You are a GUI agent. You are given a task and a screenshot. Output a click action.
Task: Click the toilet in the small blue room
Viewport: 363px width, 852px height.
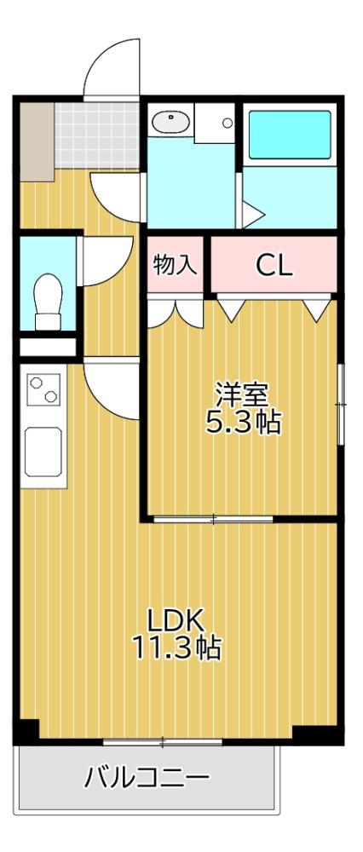47,299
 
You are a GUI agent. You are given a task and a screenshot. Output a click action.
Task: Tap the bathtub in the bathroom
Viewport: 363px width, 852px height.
289,135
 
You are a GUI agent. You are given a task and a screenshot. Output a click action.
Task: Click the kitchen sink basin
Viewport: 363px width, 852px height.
45,452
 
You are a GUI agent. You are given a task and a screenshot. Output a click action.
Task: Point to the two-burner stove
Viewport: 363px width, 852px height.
43,391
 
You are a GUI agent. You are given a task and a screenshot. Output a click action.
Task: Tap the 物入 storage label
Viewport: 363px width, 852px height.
176,264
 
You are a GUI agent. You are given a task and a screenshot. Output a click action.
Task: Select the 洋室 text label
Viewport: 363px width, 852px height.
242,394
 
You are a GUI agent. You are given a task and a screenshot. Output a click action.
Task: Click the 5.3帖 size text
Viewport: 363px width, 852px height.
242,422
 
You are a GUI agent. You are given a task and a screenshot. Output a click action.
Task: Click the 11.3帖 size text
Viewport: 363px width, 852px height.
176,648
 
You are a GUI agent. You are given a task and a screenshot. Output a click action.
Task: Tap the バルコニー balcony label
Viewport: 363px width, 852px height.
147,777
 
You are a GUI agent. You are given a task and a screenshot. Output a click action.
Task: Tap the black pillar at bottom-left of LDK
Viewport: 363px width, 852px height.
28,731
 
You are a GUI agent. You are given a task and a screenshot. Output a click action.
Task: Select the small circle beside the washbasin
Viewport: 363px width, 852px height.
228,123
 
